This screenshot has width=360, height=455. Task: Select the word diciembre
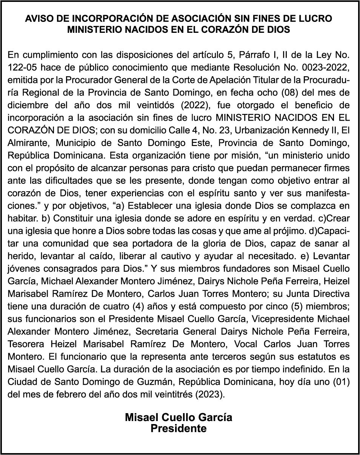[x=27, y=105]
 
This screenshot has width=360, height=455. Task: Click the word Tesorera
[x=26, y=344]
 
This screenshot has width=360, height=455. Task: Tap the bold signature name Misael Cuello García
[x=178, y=417]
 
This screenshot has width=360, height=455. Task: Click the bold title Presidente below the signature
[x=178, y=429]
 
